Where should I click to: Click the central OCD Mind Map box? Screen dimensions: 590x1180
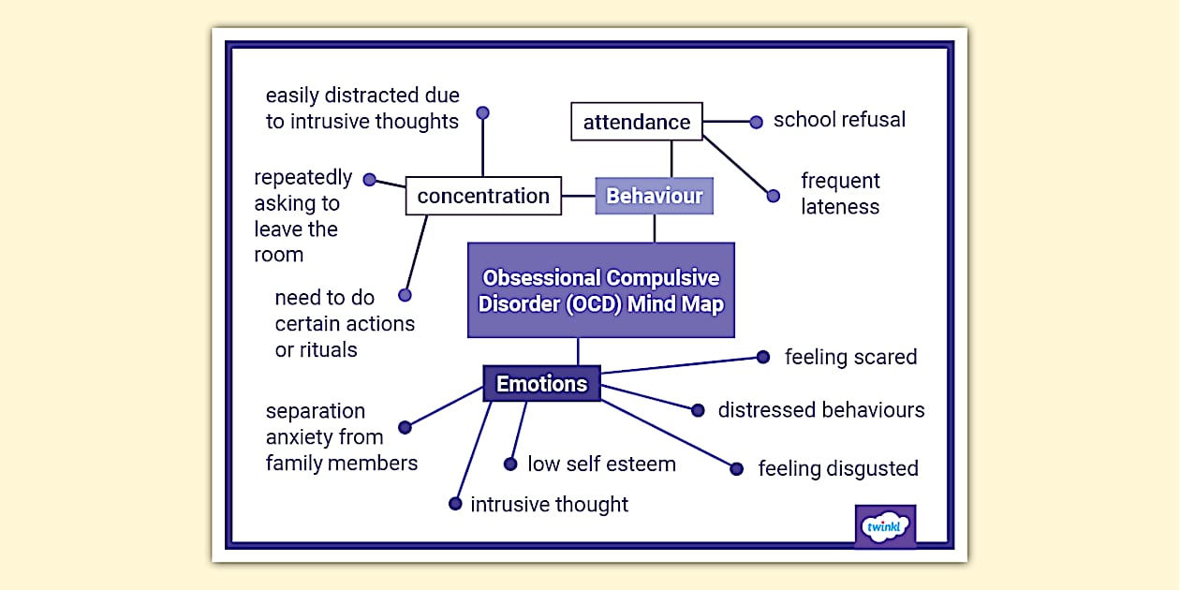point(601,290)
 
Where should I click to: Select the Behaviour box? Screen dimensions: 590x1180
point(655,197)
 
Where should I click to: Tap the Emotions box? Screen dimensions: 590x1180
point(541,384)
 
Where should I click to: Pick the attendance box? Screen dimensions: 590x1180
point(637,122)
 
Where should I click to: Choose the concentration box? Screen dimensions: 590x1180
point(483,197)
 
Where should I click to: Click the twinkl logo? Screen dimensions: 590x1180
point(885,526)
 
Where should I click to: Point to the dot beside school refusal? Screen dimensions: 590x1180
point(757,122)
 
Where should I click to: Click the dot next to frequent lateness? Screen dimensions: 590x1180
point(773,197)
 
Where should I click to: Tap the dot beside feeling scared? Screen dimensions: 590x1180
point(763,357)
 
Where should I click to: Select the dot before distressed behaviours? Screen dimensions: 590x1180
point(698,410)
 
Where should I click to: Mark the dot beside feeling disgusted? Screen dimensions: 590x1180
point(737,468)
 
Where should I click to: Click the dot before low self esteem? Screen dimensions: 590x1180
point(510,464)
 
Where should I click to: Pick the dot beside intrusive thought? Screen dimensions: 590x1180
point(455,504)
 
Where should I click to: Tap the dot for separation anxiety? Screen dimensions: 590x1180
point(405,427)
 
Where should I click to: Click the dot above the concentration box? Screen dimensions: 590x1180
point(483,113)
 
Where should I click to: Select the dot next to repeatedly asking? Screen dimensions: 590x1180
point(369,180)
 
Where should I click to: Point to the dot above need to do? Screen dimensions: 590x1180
point(405,295)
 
